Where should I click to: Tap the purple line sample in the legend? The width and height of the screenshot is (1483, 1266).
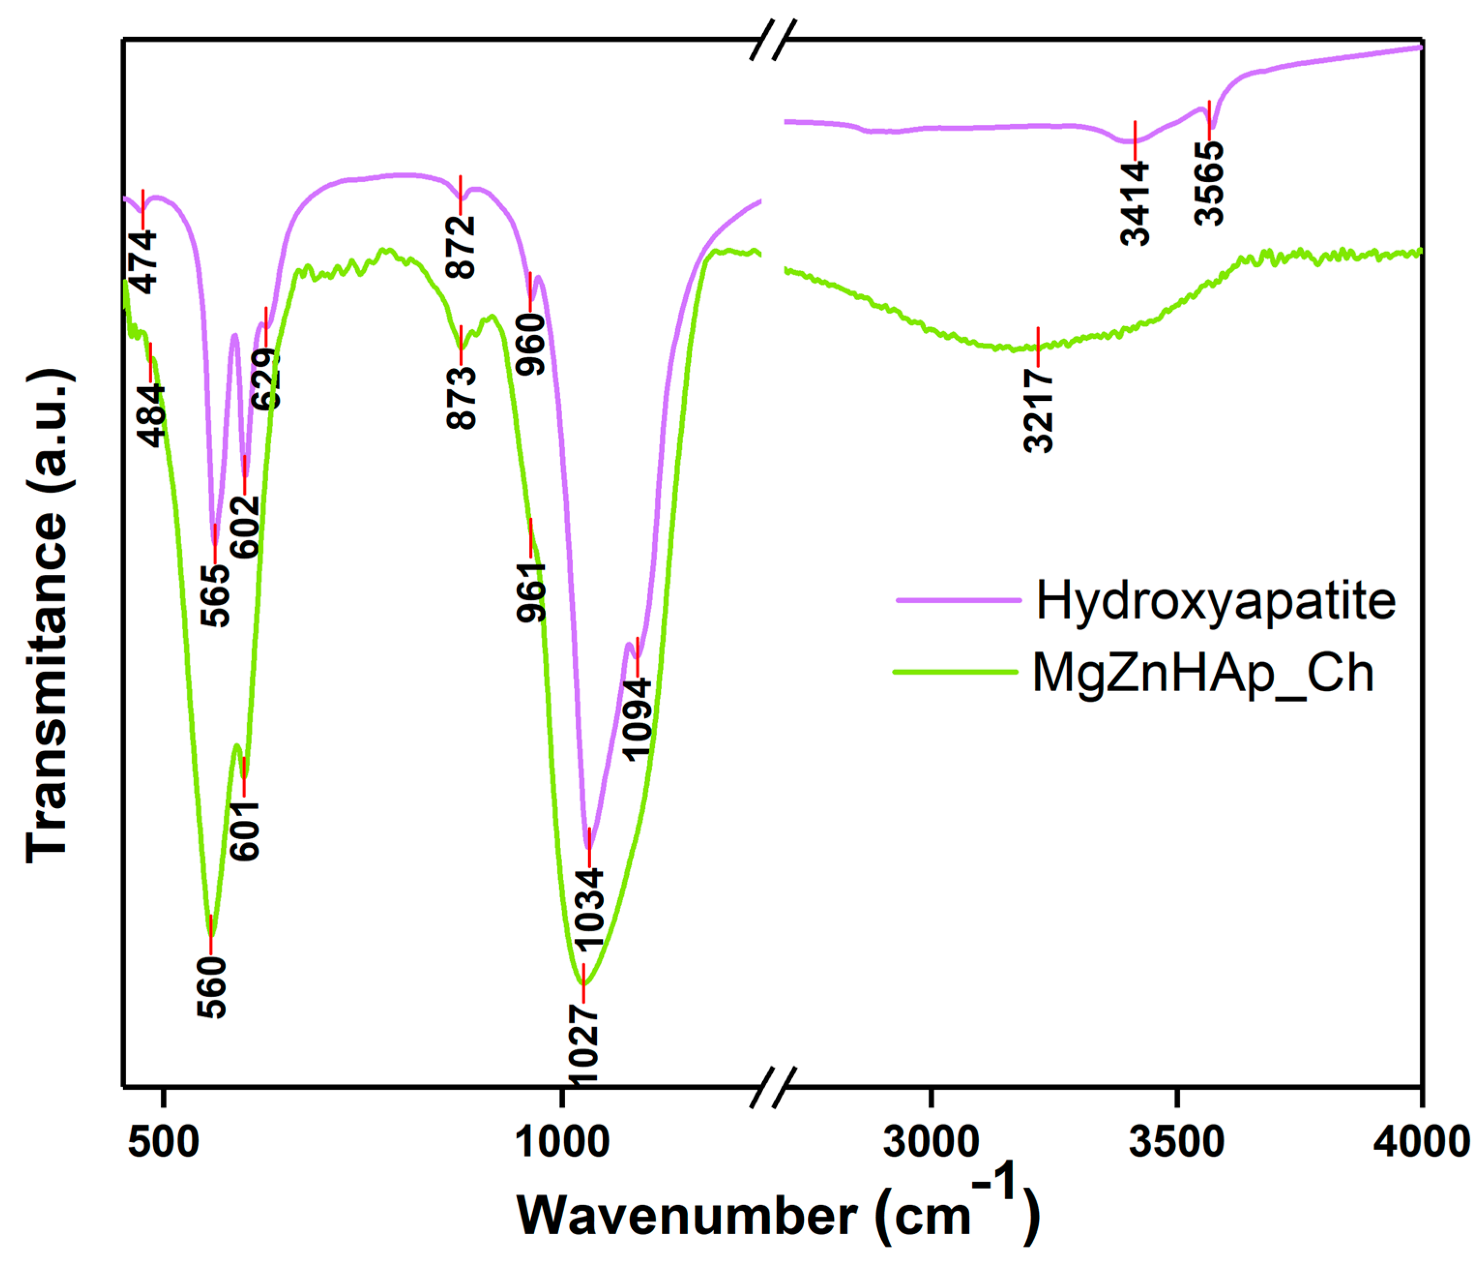[959, 600]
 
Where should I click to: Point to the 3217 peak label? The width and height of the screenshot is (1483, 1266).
[1038, 410]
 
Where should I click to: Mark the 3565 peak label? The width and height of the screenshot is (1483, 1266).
[1209, 183]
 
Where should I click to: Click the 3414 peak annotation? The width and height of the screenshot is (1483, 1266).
[1135, 204]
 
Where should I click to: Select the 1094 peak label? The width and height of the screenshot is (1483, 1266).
[637, 719]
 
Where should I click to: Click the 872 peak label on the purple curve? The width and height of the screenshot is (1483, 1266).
[460, 247]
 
